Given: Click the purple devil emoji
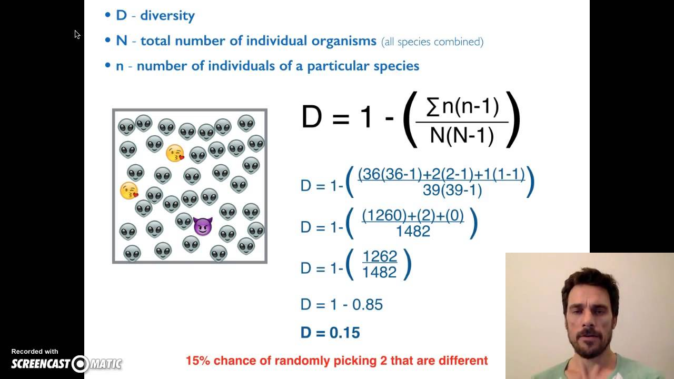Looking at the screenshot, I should pyautogui.click(x=203, y=226).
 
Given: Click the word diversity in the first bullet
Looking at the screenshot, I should pyautogui.click(x=167, y=15).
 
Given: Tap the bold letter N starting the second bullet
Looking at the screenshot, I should pyautogui.click(x=122, y=41).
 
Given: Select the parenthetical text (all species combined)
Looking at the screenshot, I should pyautogui.click(x=432, y=41).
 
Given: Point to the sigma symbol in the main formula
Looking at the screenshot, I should pyautogui.click(x=432, y=107).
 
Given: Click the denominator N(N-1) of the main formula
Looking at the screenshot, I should pyautogui.click(x=462, y=136).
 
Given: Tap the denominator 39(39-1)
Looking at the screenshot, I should pyautogui.click(x=452, y=190).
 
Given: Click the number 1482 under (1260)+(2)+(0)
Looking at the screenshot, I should pyautogui.click(x=413, y=231).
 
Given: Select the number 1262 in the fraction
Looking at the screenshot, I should pyautogui.click(x=380, y=256).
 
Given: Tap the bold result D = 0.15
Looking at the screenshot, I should pyautogui.click(x=330, y=333).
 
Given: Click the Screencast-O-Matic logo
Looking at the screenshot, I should pyautogui.click(x=66, y=363).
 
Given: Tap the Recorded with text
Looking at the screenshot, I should pyautogui.click(x=35, y=351).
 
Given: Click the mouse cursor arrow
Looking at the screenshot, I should pyautogui.click(x=77, y=34).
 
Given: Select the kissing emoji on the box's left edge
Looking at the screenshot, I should pyautogui.click(x=128, y=191).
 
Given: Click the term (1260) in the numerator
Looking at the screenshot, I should pyautogui.click(x=381, y=215).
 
